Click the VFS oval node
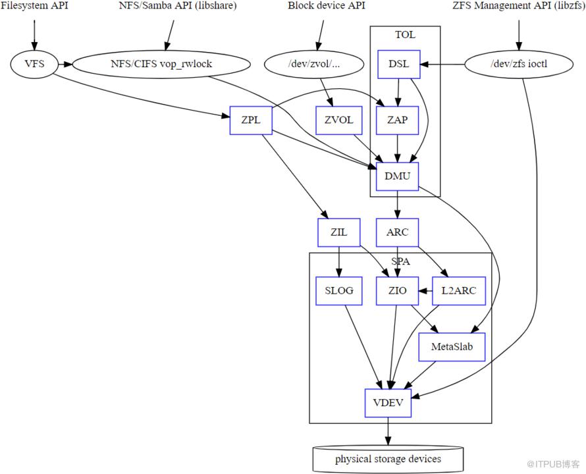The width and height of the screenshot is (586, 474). coord(34,64)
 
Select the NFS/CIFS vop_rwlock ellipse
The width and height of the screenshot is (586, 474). coord(161,64)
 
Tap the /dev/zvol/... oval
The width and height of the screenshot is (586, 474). coord(314,64)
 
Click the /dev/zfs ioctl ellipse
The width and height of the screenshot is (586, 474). coord(519,64)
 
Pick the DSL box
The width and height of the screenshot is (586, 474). coord(399,65)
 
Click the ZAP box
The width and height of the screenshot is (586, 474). coord(397,120)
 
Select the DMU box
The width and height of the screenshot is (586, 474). coord(397,176)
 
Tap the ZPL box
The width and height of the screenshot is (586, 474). coord(251,120)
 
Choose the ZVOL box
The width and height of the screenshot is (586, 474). coord(339,120)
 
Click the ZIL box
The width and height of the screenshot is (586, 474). coord(339,232)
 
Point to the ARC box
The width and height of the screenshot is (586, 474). coord(397,232)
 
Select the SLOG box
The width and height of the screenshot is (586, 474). coord(339,291)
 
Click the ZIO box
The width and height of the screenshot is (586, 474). coord(397,291)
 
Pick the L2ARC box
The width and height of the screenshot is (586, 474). coord(459,291)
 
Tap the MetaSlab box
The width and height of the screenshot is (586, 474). coord(452,347)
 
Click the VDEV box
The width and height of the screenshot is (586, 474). coord(388,403)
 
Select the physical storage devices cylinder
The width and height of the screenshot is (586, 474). coord(388,459)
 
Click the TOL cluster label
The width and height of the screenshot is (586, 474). coord(405,35)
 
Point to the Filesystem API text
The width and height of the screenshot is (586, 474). coord(34,6)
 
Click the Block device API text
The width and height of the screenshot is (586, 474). coord(327,6)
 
